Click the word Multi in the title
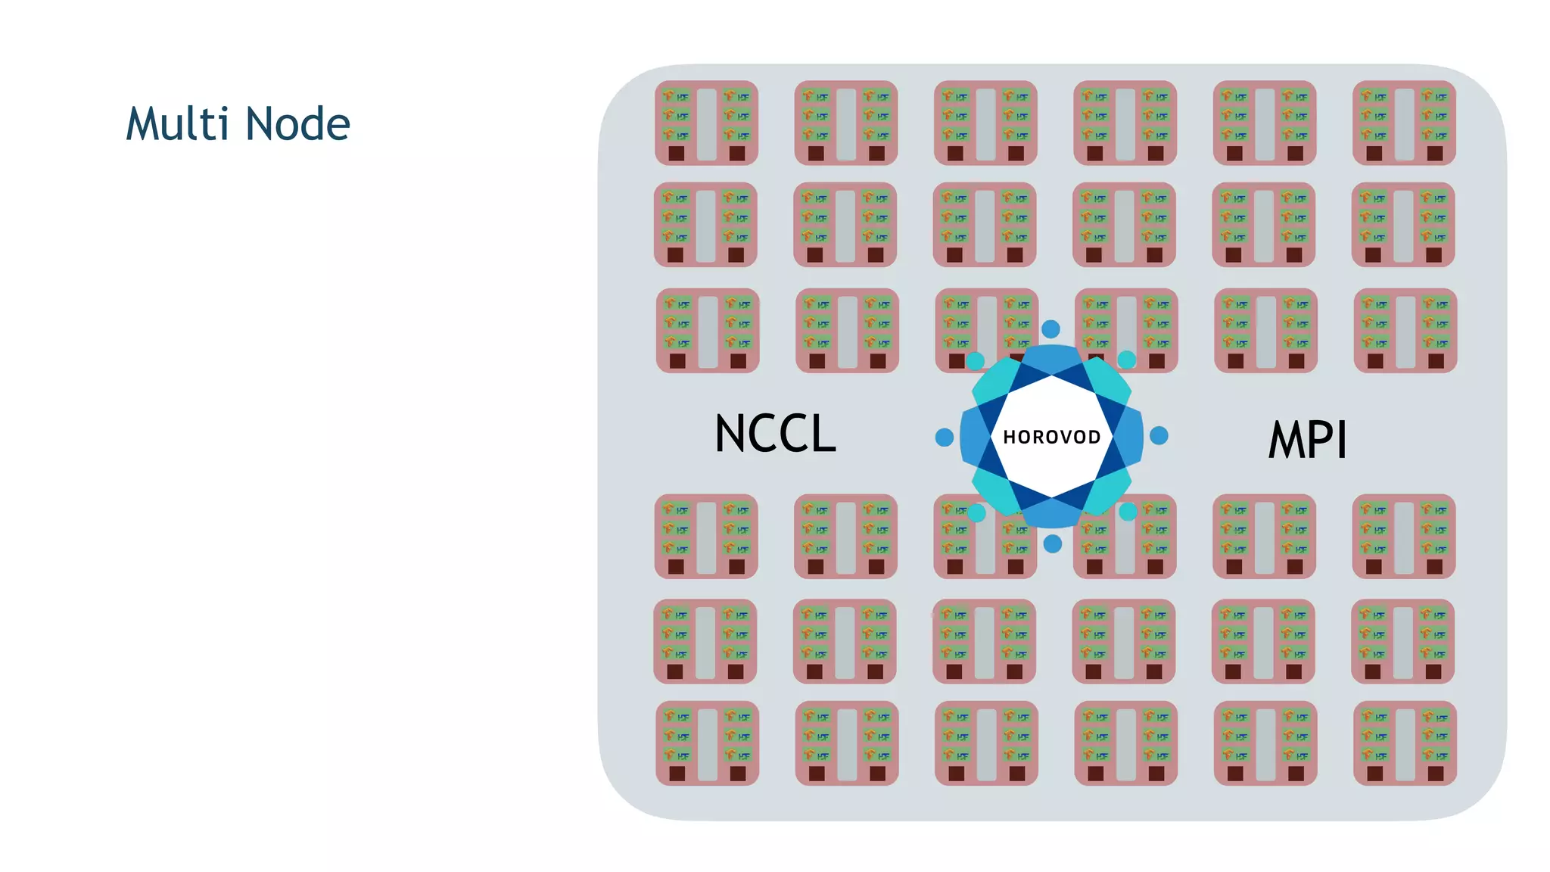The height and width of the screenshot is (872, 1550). (x=177, y=123)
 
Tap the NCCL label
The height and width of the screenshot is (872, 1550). (x=775, y=434)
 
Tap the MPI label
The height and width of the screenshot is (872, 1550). (x=1307, y=440)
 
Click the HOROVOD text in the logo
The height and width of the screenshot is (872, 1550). (x=1051, y=438)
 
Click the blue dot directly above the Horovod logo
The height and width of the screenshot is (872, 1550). (x=1050, y=329)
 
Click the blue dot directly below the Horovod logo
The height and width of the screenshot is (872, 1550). (x=1052, y=543)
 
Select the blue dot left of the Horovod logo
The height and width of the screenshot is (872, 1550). (x=944, y=437)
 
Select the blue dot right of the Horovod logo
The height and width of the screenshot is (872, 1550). (x=1159, y=435)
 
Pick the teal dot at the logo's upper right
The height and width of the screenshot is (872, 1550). (x=1126, y=360)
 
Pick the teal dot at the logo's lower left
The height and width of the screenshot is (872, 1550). (x=976, y=512)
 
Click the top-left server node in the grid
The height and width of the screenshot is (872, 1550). (x=706, y=123)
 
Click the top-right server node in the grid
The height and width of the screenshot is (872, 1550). (x=1404, y=123)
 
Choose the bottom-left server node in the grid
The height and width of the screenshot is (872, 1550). (x=707, y=743)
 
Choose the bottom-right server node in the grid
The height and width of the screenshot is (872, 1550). (x=1405, y=743)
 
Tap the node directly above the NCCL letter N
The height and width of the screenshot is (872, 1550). (x=708, y=330)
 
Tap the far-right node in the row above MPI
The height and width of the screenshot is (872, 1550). (x=1405, y=330)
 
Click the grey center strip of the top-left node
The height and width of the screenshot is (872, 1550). (x=706, y=123)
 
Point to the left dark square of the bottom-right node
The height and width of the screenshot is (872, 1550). (x=1374, y=773)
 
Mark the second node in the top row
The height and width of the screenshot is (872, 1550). (x=845, y=123)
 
